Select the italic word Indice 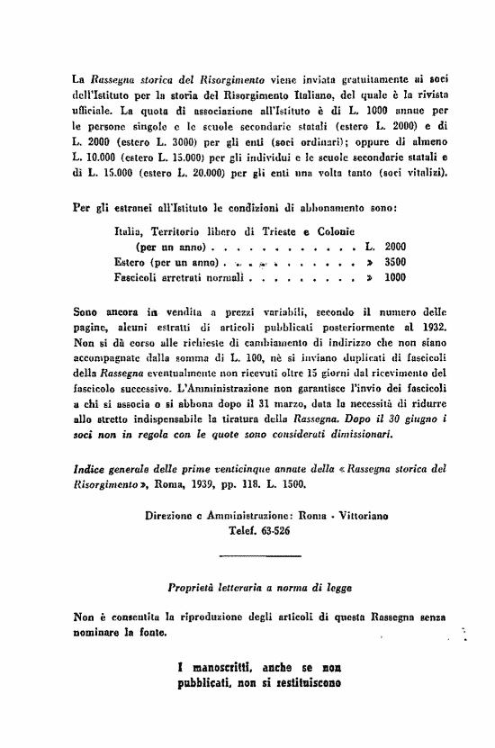pos(89,467)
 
